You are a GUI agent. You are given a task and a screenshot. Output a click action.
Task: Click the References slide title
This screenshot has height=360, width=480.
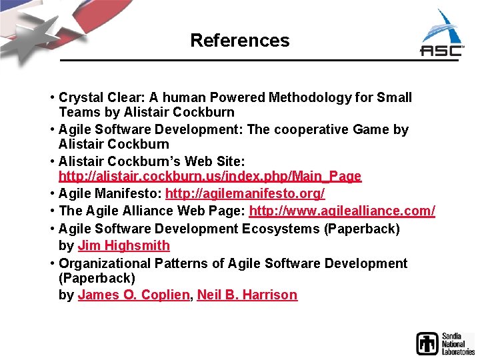pyautogui.click(x=239, y=40)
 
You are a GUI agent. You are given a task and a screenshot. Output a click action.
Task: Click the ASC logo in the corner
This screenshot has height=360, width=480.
pyautogui.click(x=442, y=37)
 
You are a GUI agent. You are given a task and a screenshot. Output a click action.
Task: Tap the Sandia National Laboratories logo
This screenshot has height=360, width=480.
pyautogui.click(x=445, y=343)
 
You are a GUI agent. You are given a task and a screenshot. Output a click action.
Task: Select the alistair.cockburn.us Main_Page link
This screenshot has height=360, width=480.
pyautogui.click(x=210, y=177)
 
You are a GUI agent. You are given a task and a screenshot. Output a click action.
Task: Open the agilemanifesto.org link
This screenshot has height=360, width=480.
pyautogui.click(x=245, y=193)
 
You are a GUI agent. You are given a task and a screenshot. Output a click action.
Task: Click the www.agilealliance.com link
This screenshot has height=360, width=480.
pyautogui.click(x=342, y=211)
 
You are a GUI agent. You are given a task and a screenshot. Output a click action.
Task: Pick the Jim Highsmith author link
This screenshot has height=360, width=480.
pyautogui.click(x=124, y=245)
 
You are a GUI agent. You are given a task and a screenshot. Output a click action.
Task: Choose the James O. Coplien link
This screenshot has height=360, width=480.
pyautogui.click(x=133, y=295)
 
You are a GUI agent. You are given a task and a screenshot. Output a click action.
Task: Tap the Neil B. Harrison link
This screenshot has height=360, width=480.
pyautogui.click(x=247, y=295)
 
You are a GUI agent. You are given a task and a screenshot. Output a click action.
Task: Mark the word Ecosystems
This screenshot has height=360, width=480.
pyautogui.click(x=281, y=229)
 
